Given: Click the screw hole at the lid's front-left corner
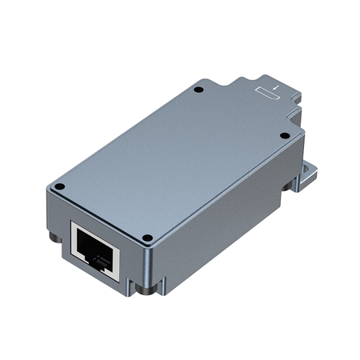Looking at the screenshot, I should [x=58, y=189].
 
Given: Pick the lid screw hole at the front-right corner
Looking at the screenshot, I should [x=147, y=237].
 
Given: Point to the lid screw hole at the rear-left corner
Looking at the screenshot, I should [x=199, y=89].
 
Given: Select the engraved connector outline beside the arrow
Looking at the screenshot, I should [x=270, y=95].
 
